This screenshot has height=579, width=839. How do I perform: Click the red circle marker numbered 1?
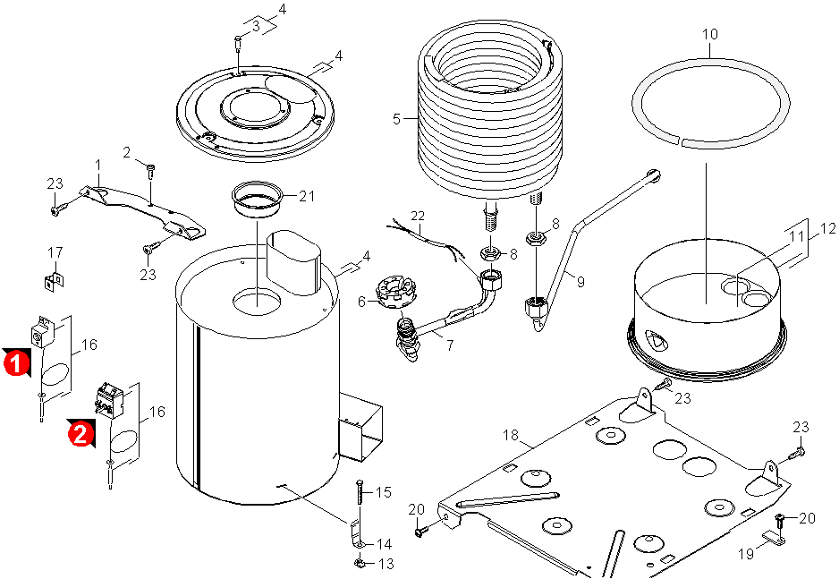coord(14,364)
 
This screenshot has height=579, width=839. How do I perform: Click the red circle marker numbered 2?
coord(81,434)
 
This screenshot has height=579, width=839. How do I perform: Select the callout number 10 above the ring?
coord(710,35)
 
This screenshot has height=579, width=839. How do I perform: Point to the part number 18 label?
coord(510,435)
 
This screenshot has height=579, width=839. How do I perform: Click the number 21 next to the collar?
coord(308,196)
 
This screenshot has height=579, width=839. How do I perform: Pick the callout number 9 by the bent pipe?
coord(581,282)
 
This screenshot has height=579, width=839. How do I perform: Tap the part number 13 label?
coord(386,564)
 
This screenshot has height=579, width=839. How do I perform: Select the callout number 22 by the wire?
coord(419,216)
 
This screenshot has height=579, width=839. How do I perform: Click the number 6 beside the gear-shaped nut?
coord(362,302)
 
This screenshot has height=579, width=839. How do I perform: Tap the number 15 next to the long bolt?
coord(384,492)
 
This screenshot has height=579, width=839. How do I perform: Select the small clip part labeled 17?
coord(54,281)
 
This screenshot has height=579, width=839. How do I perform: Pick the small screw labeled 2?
coord(149,167)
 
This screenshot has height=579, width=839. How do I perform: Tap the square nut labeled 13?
coord(358,564)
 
